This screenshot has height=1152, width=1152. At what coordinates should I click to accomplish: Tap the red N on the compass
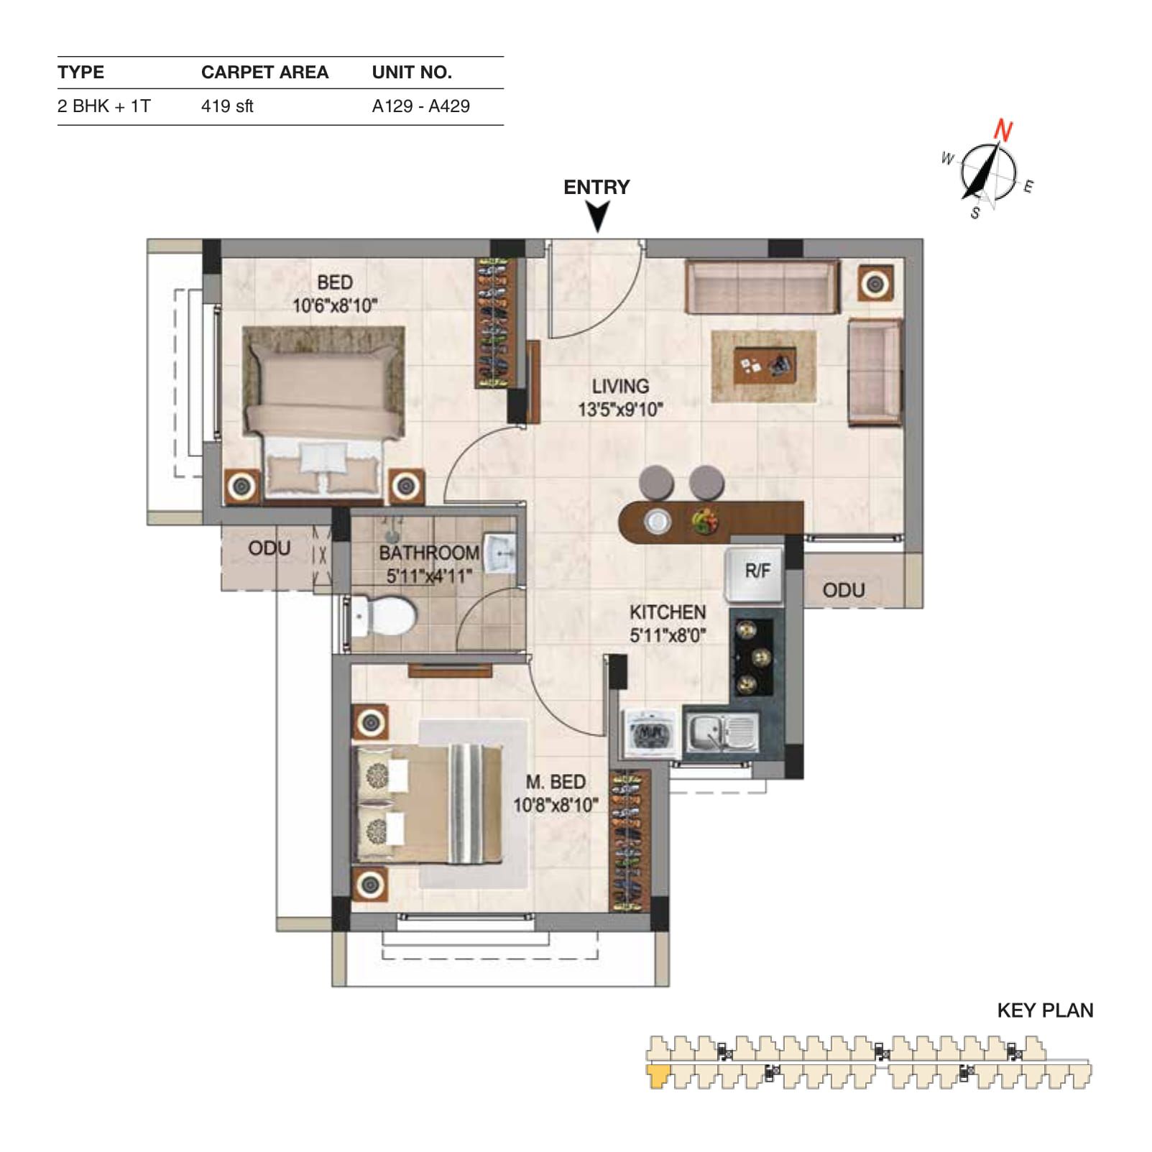(x=1003, y=131)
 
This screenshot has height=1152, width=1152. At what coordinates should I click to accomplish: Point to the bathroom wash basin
(x=502, y=553)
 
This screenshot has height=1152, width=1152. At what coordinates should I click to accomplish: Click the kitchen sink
(x=721, y=732)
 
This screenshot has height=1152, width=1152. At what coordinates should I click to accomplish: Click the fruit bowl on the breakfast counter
(x=705, y=520)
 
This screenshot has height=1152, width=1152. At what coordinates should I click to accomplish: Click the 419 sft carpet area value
(x=227, y=106)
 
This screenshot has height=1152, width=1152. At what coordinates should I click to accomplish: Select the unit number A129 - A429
(x=421, y=106)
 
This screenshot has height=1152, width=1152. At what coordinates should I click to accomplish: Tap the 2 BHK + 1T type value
(x=104, y=106)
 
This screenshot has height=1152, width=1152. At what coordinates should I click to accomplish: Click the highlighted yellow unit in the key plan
(x=658, y=1076)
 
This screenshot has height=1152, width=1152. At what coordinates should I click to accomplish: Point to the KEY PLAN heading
(x=1045, y=1010)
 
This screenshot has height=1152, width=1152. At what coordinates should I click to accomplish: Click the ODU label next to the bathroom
(x=269, y=548)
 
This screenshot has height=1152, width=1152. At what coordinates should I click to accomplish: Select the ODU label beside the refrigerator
(x=844, y=590)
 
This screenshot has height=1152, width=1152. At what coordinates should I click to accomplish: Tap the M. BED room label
(x=555, y=782)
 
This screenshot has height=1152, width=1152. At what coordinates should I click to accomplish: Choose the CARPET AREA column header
(x=264, y=72)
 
